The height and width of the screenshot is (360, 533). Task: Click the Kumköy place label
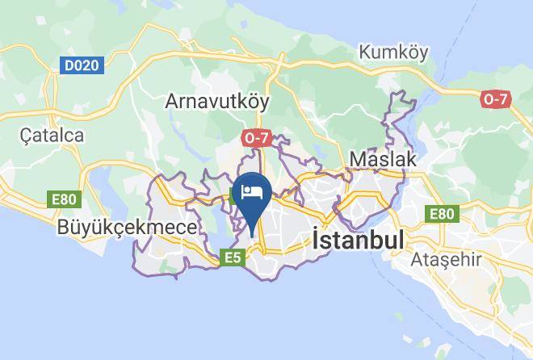[x=394, y=52]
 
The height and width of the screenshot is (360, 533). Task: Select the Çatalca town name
[x=52, y=135]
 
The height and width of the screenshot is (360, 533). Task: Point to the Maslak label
[x=383, y=159]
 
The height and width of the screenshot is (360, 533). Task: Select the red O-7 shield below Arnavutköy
[x=256, y=138]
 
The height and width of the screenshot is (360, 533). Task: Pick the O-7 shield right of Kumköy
[x=496, y=99]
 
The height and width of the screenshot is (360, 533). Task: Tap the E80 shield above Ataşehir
[x=441, y=214]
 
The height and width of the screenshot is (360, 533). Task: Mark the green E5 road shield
[x=233, y=257]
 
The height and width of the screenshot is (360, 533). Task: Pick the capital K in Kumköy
[x=365, y=52]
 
